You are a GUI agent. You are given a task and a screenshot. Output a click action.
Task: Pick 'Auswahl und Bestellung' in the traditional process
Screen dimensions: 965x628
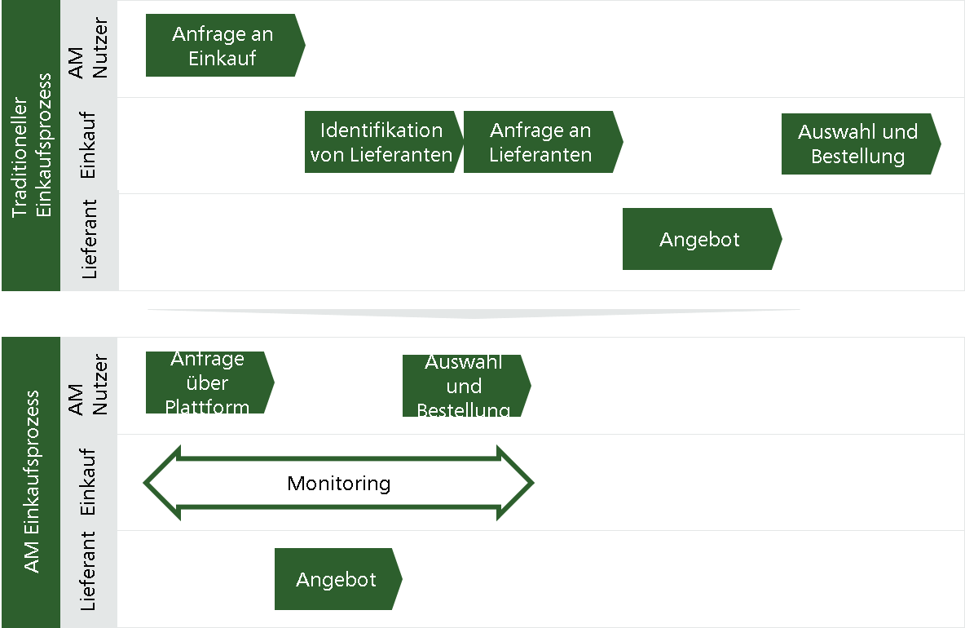(x=861, y=144)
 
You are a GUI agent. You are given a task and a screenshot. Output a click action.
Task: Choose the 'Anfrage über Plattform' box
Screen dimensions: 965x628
(x=209, y=383)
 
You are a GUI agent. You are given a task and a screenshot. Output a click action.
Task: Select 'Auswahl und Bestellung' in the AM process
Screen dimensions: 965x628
(x=466, y=386)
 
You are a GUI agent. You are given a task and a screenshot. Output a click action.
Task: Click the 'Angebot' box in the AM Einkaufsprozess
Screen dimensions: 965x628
(x=338, y=579)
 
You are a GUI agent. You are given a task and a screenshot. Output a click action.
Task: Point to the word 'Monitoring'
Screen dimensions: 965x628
(x=338, y=484)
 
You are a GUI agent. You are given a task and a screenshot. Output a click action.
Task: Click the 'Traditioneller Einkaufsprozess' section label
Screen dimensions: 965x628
(x=31, y=145)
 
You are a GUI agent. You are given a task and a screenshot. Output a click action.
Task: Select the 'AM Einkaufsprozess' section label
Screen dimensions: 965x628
(x=31, y=482)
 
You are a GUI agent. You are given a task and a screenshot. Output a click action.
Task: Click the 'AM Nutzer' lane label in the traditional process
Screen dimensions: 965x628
(x=87, y=48)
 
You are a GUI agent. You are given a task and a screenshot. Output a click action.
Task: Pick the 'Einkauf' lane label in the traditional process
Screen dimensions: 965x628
(x=87, y=145)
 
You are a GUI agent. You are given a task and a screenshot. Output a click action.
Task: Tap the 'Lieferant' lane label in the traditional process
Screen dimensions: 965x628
(x=89, y=239)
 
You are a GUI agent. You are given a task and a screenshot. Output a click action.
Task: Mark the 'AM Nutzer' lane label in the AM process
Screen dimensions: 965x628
(x=87, y=385)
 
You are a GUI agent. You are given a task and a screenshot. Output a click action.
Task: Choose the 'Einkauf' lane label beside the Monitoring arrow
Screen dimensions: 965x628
(x=87, y=482)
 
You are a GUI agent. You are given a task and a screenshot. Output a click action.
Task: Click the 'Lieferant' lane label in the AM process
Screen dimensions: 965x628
(x=87, y=572)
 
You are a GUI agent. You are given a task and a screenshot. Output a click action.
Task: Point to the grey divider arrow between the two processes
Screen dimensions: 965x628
(x=474, y=313)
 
